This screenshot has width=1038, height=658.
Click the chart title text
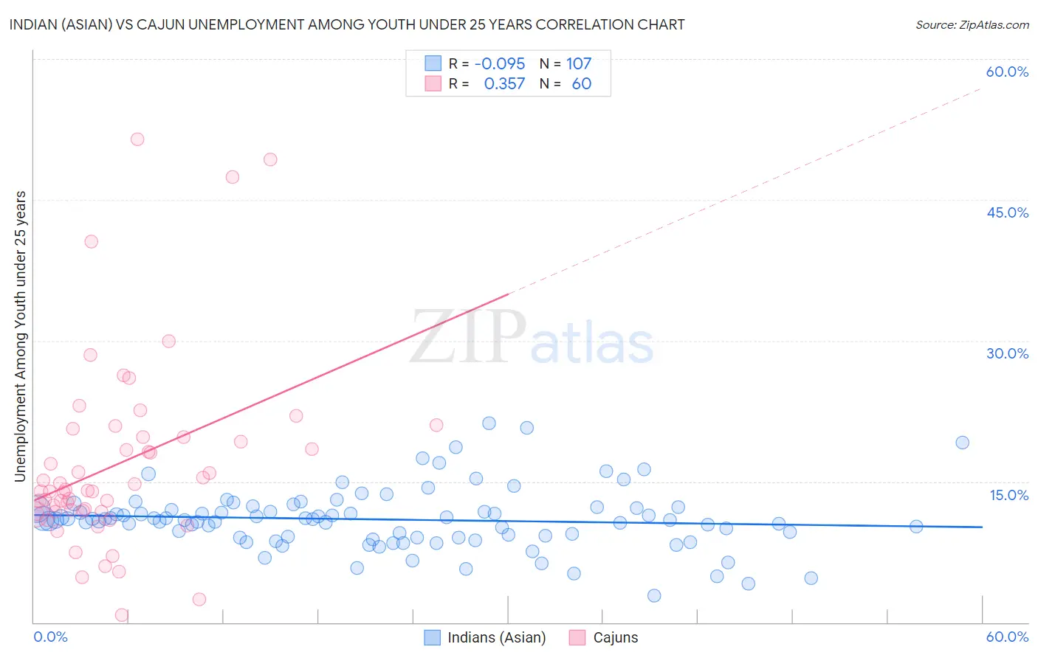(x=347, y=24)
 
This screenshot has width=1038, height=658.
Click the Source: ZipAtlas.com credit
(x=972, y=24)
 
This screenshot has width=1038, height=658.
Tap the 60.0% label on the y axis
(x=1007, y=72)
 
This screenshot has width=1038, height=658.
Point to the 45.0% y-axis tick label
(x=1007, y=212)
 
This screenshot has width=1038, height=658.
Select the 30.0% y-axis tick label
(x=1007, y=353)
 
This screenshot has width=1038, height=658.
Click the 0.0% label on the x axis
(x=50, y=637)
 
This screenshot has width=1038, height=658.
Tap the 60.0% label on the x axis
(x=1007, y=637)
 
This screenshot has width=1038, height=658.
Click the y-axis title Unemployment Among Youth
(x=20, y=336)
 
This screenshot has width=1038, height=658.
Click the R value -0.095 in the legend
(x=500, y=63)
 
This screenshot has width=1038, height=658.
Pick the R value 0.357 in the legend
(x=504, y=83)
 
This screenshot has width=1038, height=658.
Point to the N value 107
(x=579, y=63)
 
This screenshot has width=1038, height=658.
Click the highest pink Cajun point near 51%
(x=137, y=139)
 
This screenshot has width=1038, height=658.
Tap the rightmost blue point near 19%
(x=962, y=443)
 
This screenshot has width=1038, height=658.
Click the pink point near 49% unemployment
(x=270, y=159)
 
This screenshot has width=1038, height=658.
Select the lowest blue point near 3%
(x=654, y=595)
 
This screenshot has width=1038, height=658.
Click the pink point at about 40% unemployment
(x=91, y=241)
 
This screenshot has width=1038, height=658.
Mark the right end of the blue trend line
(x=982, y=527)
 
